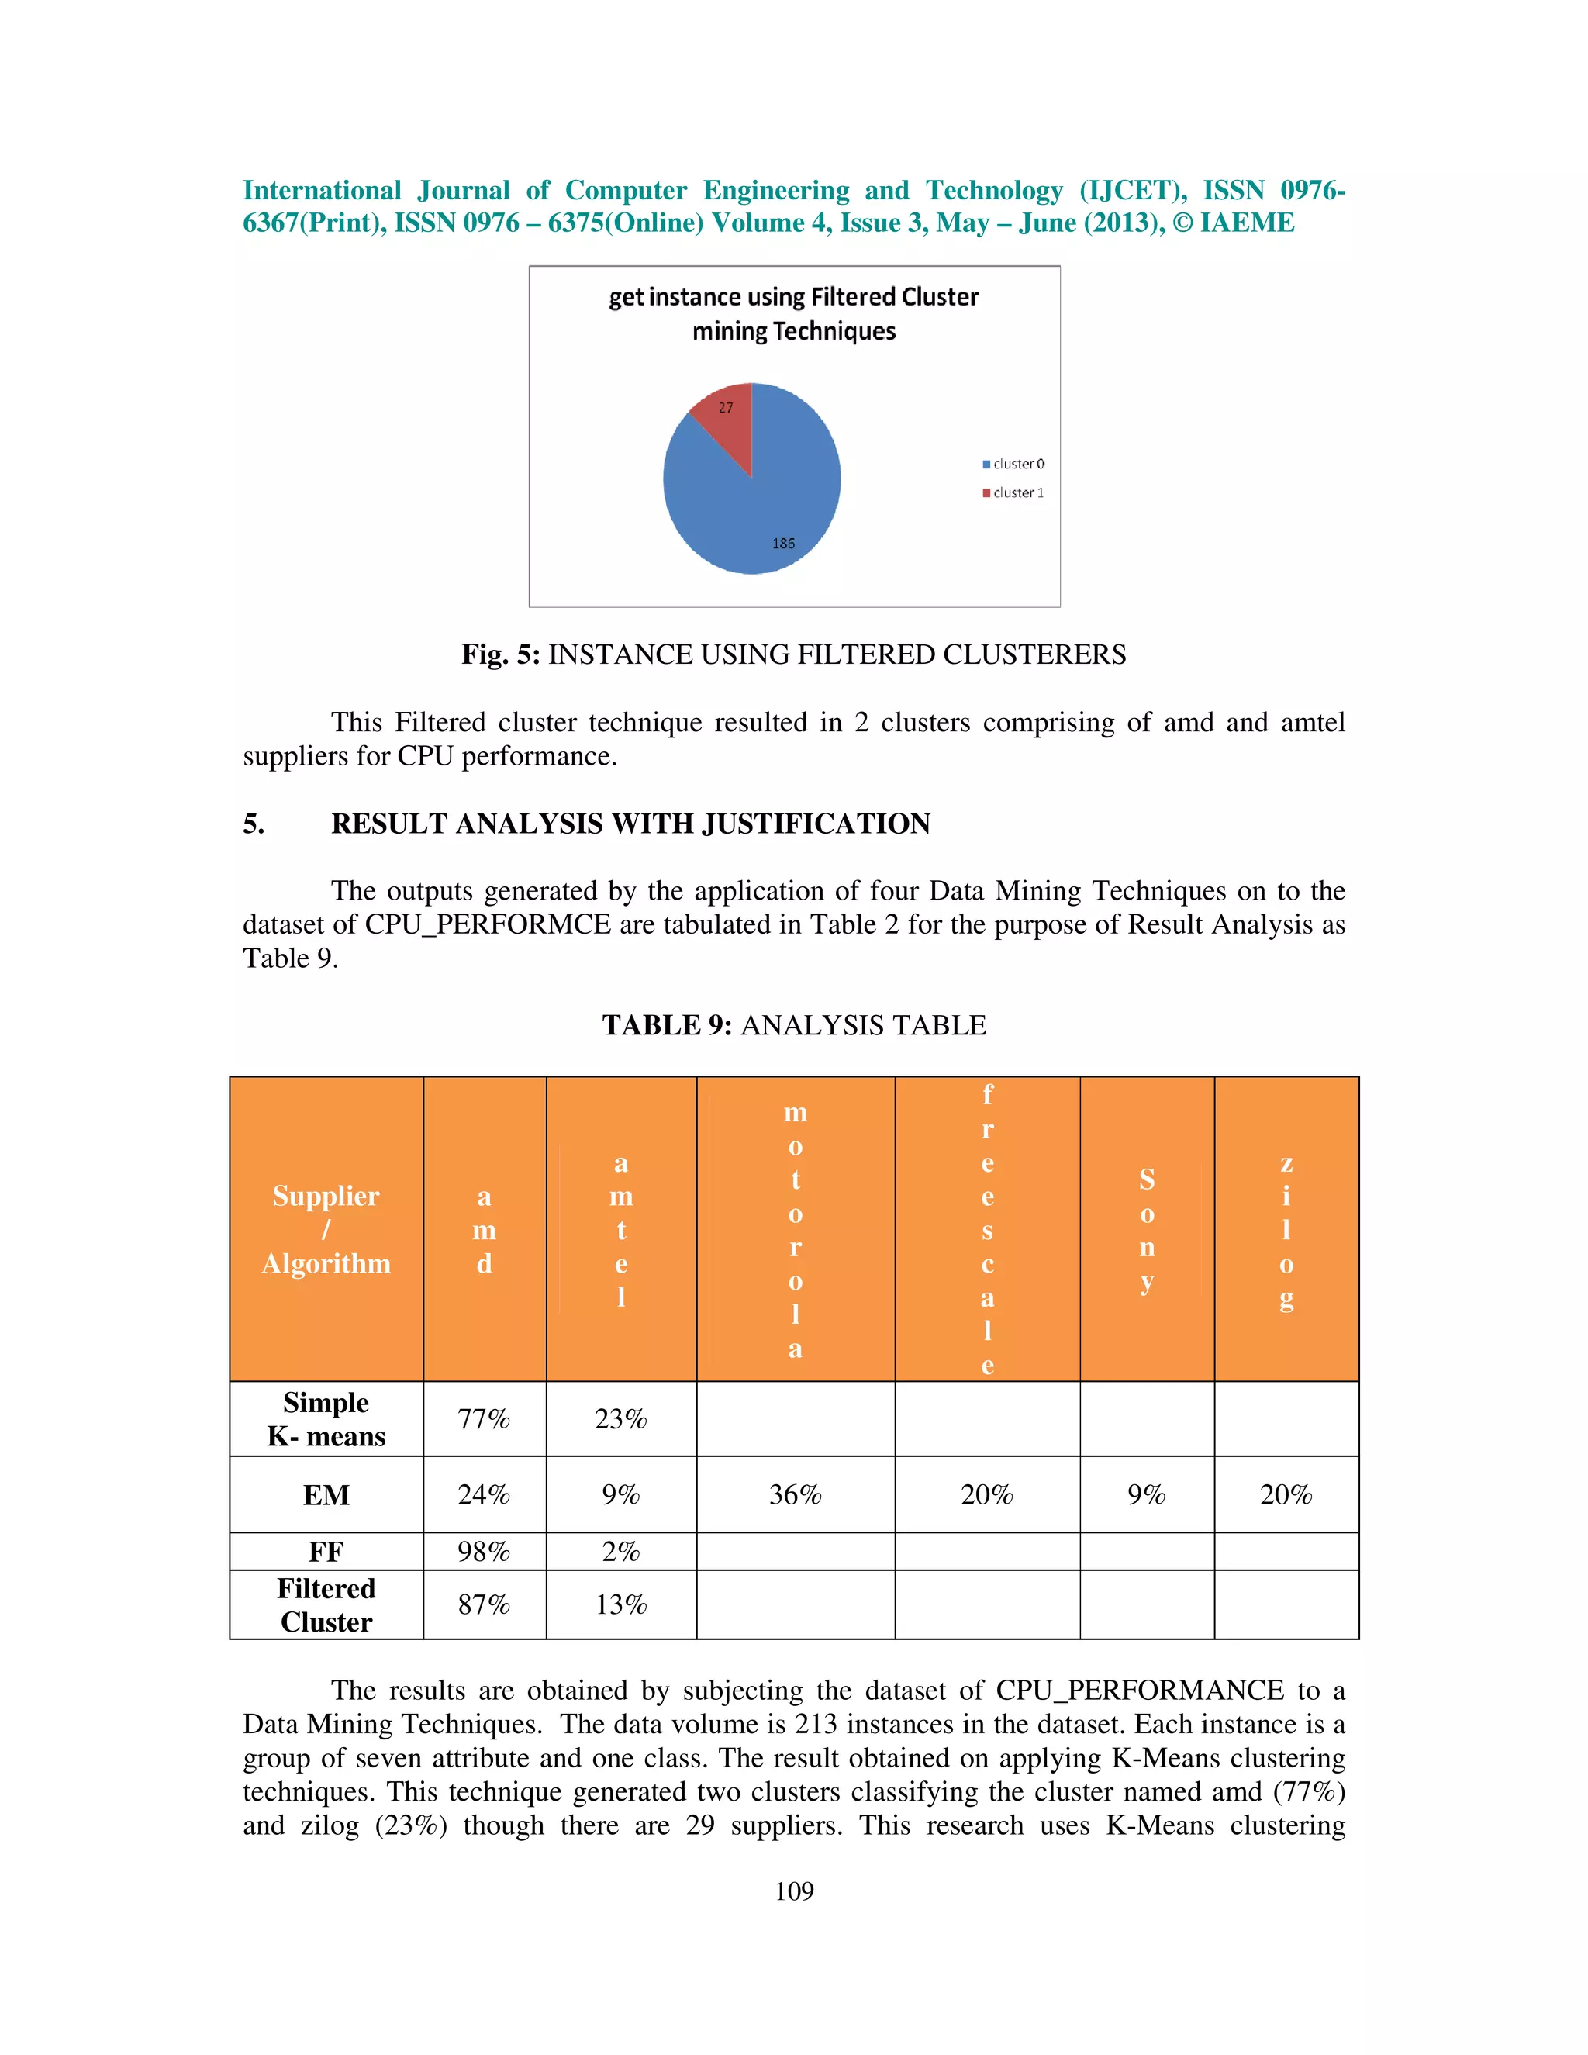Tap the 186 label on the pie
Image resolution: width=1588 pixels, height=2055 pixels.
[782, 544]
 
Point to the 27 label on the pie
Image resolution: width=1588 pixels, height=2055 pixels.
[725, 407]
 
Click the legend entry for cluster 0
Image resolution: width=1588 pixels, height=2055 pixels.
[1013, 464]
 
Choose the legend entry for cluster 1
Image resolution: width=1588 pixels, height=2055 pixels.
[1013, 492]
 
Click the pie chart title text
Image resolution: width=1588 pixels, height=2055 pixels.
[793, 314]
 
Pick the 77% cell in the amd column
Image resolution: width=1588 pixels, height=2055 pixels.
[484, 1419]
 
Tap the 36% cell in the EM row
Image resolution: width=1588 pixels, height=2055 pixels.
[795, 1494]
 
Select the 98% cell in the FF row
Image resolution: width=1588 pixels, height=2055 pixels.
[484, 1552]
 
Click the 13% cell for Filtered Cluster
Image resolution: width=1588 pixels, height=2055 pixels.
[621, 1604]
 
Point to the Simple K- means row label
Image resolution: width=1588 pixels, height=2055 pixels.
[326, 1419]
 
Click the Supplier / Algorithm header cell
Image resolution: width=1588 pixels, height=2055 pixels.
[326, 1229]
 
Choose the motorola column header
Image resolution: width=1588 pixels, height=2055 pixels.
[795, 1229]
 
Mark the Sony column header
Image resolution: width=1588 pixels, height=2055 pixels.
[1146, 1229]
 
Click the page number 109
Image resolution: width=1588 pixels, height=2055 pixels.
[794, 1891]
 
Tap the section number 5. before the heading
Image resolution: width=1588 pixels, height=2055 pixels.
[254, 824]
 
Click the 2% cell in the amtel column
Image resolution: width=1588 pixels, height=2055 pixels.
[621, 1552]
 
